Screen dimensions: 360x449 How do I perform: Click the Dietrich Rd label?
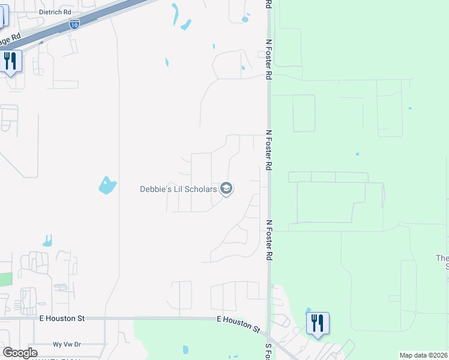click(55, 11)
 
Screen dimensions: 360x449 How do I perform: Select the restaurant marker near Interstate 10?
click(11, 62)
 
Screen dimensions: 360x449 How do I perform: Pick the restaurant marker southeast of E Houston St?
click(318, 325)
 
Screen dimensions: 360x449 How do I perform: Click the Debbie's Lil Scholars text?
click(178, 189)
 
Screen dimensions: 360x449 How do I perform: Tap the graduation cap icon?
click(226, 189)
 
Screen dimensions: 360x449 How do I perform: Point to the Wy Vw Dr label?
click(67, 344)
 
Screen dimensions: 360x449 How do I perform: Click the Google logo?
click(20, 353)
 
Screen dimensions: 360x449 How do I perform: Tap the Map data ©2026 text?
click(423, 355)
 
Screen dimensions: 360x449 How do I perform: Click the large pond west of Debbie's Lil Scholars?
click(106, 185)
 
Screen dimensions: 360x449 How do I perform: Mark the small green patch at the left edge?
click(5, 279)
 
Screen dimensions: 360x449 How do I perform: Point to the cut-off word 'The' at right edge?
click(442, 258)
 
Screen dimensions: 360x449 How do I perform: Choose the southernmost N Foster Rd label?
click(270, 239)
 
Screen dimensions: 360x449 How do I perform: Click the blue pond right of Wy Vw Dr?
click(185, 349)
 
